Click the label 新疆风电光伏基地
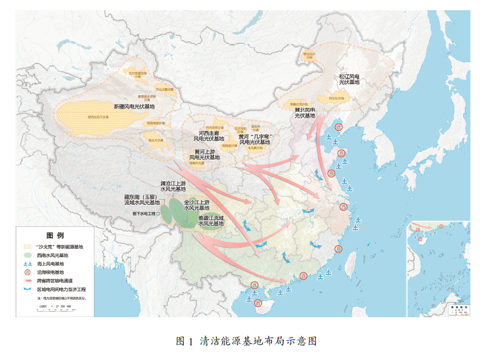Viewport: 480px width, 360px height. point(134,106)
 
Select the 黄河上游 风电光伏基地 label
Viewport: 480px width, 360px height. point(204,154)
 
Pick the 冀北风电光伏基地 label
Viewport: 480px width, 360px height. point(304,113)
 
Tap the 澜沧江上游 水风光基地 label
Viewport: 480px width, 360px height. point(172,186)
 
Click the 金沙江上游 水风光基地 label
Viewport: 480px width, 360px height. point(197,204)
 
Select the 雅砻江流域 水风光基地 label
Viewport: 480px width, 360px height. point(211,221)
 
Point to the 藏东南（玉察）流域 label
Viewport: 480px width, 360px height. point(140,200)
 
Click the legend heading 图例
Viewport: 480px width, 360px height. point(56,236)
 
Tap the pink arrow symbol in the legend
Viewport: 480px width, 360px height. point(27,280)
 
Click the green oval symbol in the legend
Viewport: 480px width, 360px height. point(27,255)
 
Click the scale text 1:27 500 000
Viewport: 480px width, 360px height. point(58,307)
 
